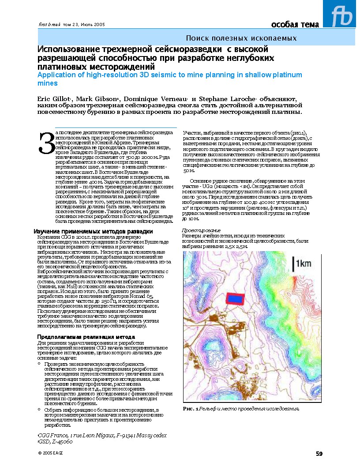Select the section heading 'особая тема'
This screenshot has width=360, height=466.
pos(295,24)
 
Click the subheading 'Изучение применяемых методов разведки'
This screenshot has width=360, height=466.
pos(94,231)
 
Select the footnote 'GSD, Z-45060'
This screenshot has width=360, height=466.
pos(55,441)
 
